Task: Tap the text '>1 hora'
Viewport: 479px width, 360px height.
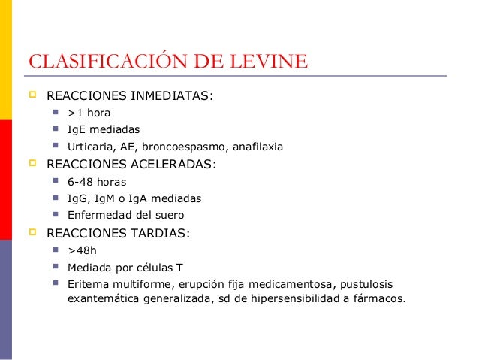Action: point(89,113)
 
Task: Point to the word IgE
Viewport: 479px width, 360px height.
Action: point(77,130)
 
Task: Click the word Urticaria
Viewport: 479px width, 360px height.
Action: point(91,147)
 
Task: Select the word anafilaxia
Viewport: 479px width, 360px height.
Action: point(258,147)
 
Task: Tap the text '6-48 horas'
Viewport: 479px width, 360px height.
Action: point(96,182)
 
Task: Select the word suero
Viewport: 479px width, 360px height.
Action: point(168,215)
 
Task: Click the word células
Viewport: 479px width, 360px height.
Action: point(152,267)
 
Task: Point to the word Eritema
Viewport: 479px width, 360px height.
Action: point(87,284)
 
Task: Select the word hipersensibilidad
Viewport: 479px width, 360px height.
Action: point(282,298)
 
